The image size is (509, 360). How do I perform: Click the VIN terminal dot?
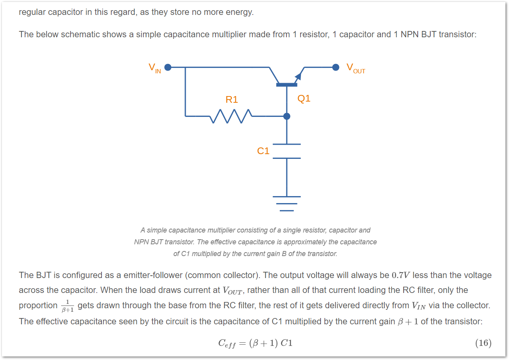point(168,67)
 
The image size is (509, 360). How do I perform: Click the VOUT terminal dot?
point(336,67)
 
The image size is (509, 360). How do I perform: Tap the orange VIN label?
point(155,68)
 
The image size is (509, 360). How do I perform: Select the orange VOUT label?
point(356,68)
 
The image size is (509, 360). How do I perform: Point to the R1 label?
point(232,100)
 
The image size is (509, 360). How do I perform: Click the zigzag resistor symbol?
point(231,116)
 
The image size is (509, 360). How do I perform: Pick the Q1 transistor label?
point(304,98)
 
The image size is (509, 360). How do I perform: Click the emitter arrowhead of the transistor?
point(298,76)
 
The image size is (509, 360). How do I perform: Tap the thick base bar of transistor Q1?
point(286,85)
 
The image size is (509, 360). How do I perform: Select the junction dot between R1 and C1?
point(287,116)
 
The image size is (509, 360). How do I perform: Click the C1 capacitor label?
point(263,151)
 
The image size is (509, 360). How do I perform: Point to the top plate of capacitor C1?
point(287,144)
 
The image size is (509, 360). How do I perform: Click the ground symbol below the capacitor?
point(287,204)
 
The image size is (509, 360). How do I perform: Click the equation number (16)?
point(483,343)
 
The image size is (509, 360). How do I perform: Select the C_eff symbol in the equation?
point(227,344)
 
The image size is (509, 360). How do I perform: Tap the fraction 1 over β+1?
point(67,306)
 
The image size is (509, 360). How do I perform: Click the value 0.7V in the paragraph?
point(401,275)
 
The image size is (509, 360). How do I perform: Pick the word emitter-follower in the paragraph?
point(153,275)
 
